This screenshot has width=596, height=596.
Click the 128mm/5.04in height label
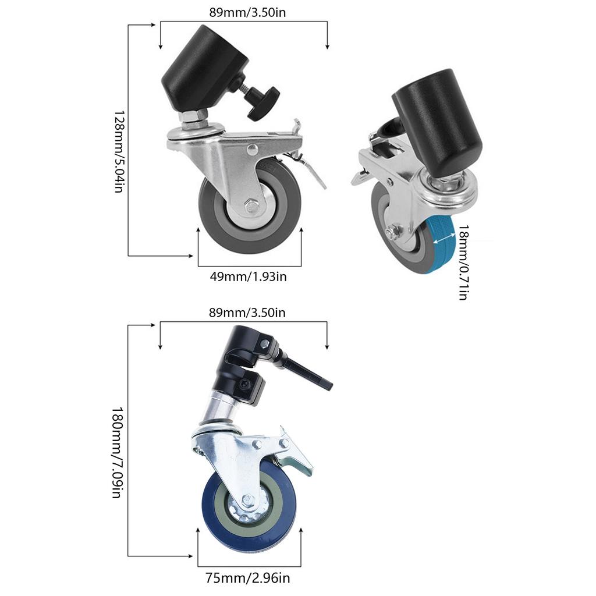click(119, 152)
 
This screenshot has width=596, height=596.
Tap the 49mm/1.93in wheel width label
click(248, 276)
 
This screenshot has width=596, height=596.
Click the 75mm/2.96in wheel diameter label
click(248, 578)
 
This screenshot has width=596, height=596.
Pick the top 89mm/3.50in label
click(247, 12)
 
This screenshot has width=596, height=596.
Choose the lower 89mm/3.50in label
click(247, 313)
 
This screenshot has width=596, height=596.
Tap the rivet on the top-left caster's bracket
click(251, 150)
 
